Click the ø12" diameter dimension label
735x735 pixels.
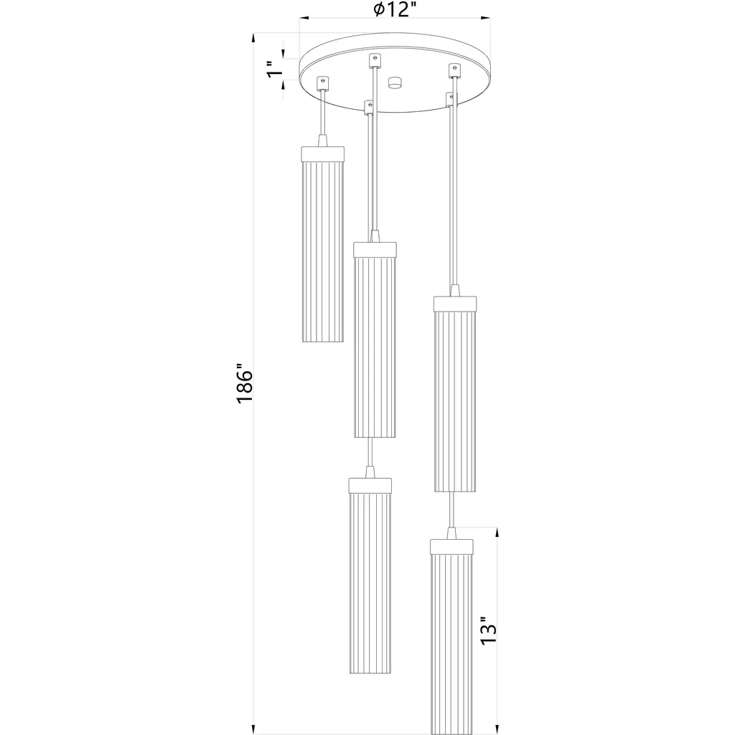point(395,9)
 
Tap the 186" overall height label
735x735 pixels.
point(244,383)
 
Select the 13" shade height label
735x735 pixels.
point(488,630)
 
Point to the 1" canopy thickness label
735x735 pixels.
point(276,69)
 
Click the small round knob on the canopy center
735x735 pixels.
point(395,83)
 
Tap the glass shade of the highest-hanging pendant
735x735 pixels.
point(323,252)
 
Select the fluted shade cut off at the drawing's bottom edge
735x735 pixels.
point(451,644)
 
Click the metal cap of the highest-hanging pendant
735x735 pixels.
point(323,154)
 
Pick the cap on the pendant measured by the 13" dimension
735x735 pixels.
point(451,546)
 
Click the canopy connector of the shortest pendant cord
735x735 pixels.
point(322,83)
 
